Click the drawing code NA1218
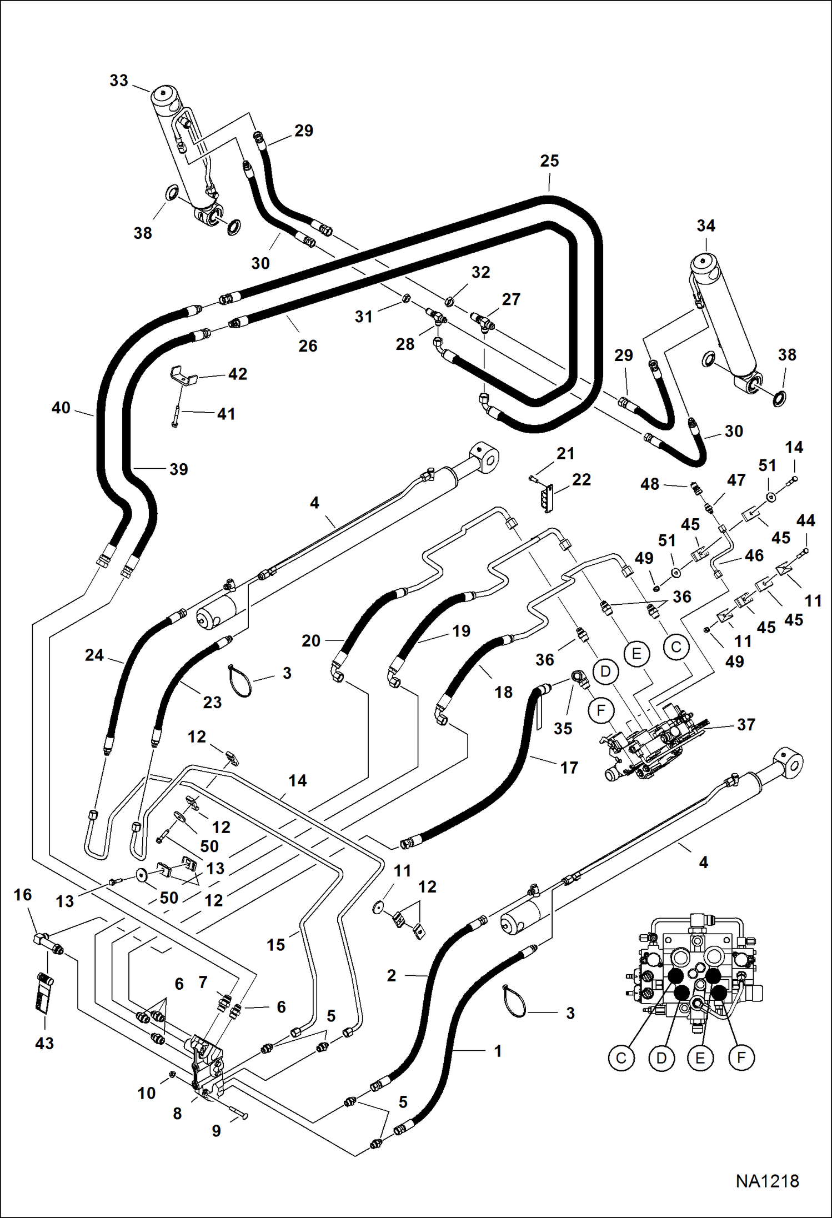[767, 1181]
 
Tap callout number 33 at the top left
[119, 81]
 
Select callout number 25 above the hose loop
[549, 161]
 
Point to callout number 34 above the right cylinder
[706, 226]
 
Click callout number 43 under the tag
[44, 1043]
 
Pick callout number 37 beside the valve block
[746, 724]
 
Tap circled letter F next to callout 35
[601, 710]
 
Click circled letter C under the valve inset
[621, 1058]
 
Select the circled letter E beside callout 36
[636, 653]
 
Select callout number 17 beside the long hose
[569, 768]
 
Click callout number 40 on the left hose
[61, 408]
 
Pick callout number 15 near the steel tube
[276, 945]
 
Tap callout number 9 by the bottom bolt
[217, 1131]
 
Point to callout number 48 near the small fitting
[650, 484]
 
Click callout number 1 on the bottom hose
[498, 1051]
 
